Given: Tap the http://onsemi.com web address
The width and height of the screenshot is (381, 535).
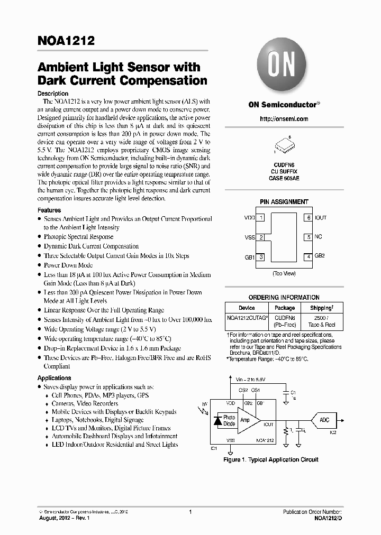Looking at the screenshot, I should [284, 119].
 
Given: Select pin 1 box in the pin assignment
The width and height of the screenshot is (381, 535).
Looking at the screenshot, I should [261, 218].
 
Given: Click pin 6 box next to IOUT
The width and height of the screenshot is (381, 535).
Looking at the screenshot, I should [307, 218].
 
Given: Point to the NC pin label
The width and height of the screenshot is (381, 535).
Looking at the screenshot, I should [319, 237].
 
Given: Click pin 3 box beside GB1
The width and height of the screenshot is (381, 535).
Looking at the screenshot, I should [261, 257].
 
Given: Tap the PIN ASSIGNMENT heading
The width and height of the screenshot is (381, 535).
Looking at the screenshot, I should [284, 201].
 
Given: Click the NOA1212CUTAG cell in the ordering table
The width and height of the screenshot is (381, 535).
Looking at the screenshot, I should [247, 319].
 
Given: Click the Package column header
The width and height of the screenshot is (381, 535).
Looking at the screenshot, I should [285, 308].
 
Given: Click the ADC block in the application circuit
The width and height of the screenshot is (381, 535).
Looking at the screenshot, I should [324, 420].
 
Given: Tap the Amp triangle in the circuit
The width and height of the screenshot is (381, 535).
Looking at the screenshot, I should [247, 421].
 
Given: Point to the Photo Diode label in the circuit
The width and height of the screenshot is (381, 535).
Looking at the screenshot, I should [229, 420].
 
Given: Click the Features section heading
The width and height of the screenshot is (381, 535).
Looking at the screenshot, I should [49, 210].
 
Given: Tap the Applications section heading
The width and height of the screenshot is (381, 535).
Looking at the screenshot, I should [54, 378].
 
